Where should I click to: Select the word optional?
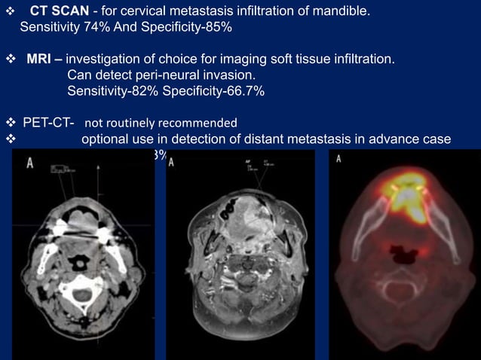tap(106, 139)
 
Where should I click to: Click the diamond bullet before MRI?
tap(10, 59)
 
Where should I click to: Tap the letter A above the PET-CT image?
tap(339, 159)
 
